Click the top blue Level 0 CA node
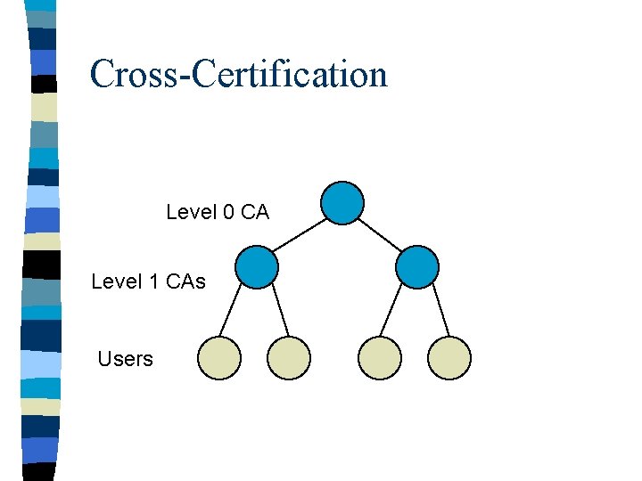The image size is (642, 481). pyautogui.click(x=342, y=203)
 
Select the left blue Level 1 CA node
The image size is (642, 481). pyautogui.click(x=257, y=267)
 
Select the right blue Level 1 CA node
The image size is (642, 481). pyautogui.click(x=417, y=267)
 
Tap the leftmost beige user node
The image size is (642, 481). pyautogui.click(x=219, y=358)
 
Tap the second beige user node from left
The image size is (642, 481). pyautogui.click(x=289, y=358)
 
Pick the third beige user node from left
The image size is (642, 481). pyautogui.click(x=380, y=358)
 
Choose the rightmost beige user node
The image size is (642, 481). pyautogui.click(x=449, y=358)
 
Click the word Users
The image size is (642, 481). pyautogui.click(x=125, y=359)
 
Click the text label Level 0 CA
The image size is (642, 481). pyautogui.click(x=218, y=212)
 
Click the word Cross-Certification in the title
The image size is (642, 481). pyautogui.click(x=238, y=74)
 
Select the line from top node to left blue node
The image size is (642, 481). pyautogui.click(x=299, y=235)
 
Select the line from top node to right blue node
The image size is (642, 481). pyautogui.click(x=380, y=235)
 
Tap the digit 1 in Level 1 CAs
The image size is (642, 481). pyautogui.click(x=152, y=281)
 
